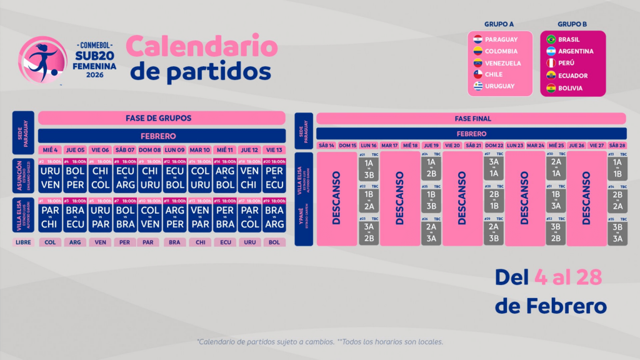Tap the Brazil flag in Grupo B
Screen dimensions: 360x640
[551, 39]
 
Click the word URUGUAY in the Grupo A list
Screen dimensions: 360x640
[500, 86]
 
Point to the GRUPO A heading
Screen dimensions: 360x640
[500, 25]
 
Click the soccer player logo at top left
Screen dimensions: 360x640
[42, 59]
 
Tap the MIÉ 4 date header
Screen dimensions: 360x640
[50, 150]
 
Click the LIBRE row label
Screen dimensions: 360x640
[24, 242]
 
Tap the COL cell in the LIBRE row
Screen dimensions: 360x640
[50, 242]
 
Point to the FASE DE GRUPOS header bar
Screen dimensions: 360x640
[162, 118]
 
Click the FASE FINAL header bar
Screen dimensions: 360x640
[471, 118]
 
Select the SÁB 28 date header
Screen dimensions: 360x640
[617, 145]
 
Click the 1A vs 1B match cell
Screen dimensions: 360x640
[617, 169]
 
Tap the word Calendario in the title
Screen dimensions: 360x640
[202, 47]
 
